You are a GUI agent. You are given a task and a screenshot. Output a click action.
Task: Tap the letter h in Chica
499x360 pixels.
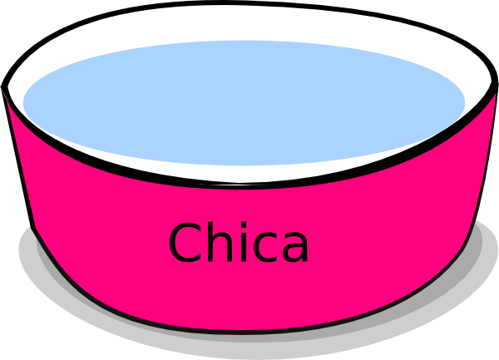(220, 242)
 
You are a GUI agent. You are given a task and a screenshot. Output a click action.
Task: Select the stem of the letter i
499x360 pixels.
(244, 248)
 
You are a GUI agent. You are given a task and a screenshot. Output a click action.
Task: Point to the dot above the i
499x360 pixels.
(244, 224)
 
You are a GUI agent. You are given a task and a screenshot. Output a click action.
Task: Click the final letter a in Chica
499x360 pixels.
(294, 248)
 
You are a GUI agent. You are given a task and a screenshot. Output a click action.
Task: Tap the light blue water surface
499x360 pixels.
(244, 103)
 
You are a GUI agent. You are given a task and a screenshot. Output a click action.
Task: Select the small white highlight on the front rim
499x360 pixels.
(239, 184)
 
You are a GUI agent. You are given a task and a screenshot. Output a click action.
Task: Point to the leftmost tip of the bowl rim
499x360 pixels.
(2, 86)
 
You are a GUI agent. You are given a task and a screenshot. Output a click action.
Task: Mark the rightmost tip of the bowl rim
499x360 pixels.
(497, 83)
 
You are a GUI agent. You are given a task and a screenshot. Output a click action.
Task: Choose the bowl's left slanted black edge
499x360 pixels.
(17, 157)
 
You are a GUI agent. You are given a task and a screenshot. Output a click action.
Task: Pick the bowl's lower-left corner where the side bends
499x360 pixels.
(33, 228)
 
